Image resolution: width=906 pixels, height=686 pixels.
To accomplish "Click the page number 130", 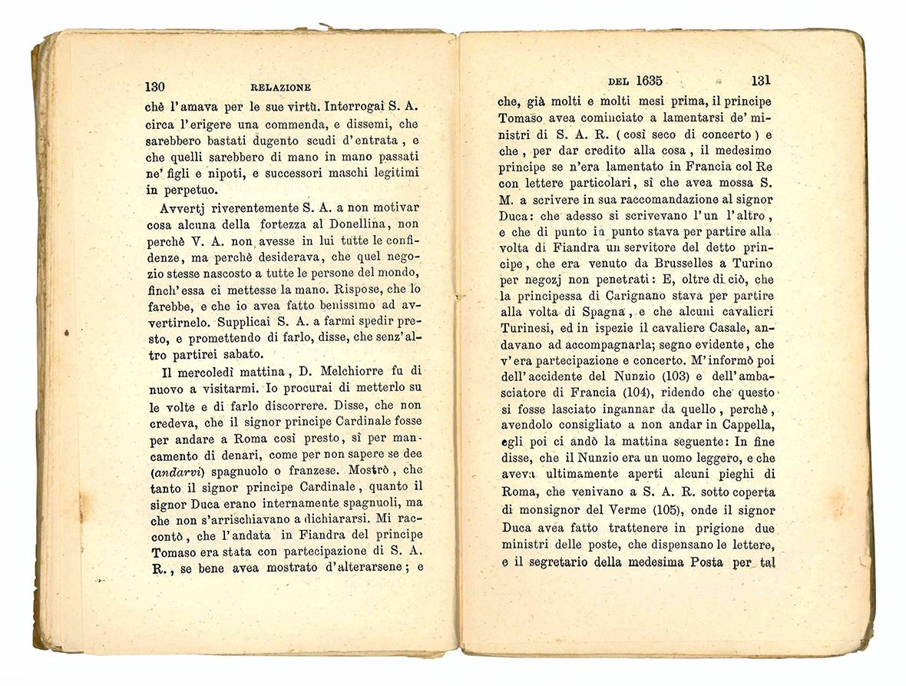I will [x=155, y=87].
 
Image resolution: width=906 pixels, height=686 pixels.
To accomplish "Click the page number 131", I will [x=761, y=80].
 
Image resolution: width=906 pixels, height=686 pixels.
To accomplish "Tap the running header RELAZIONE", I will [x=281, y=88].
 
